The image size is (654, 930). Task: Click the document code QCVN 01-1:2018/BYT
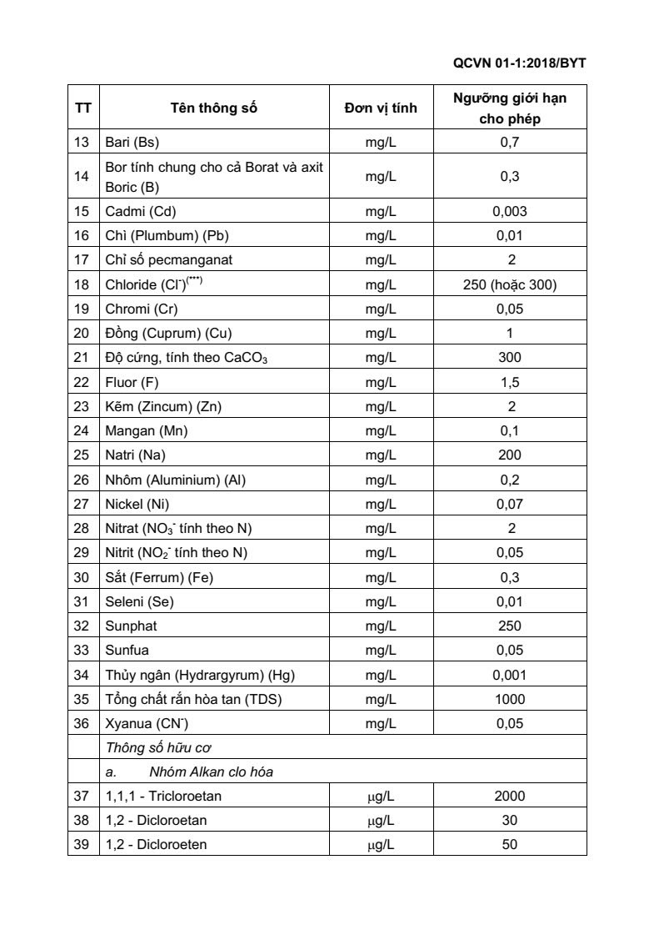(x=524, y=63)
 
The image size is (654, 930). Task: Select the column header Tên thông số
(x=214, y=108)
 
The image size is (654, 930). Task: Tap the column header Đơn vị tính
(x=381, y=108)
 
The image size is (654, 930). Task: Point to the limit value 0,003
(x=510, y=211)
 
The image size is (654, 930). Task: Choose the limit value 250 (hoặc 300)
(x=510, y=284)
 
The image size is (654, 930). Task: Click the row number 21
(x=82, y=358)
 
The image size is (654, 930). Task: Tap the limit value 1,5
(x=510, y=382)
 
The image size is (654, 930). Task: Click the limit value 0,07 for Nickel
(x=510, y=504)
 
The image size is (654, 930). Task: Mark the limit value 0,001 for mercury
(x=510, y=675)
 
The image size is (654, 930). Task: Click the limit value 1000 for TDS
(x=510, y=699)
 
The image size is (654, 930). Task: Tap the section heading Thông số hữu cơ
(x=152, y=747)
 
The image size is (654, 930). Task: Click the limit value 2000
(x=510, y=796)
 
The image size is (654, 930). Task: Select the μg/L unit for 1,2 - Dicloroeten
(x=381, y=844)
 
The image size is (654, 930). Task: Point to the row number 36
(x=82, y=723)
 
